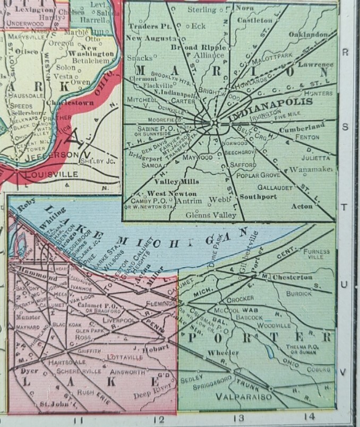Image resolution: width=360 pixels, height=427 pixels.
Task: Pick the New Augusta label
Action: tap(150, 39)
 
